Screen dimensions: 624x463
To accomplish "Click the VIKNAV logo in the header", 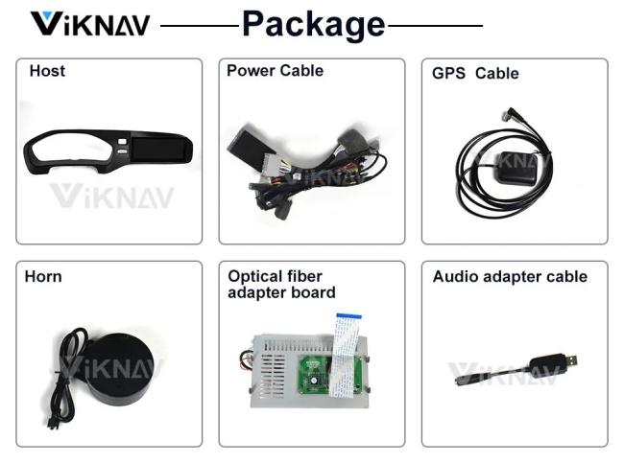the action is (x=90, y=24).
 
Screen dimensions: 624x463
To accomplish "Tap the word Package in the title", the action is (x=314, y=25).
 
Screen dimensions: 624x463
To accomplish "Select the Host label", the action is (x=47, y=71).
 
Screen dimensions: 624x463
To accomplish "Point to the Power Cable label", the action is (x=275, y=70).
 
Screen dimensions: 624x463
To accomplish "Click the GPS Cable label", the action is (x=475, y=73).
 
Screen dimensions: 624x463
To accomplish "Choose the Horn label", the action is (x=43, y=277).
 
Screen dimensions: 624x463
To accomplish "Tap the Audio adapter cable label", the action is (x=510, y=277).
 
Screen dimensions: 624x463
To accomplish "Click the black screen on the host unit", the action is (x=157, y=149).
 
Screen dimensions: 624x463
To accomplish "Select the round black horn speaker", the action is (x=119, y=369).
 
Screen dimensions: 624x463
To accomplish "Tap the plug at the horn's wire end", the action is (x=52, y=424).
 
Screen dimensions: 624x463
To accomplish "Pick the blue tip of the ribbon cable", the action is (x=349, y=316).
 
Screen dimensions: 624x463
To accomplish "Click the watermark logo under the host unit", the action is (x=112, y=196).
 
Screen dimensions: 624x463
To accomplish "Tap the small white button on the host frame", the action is (x=122, y=141).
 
